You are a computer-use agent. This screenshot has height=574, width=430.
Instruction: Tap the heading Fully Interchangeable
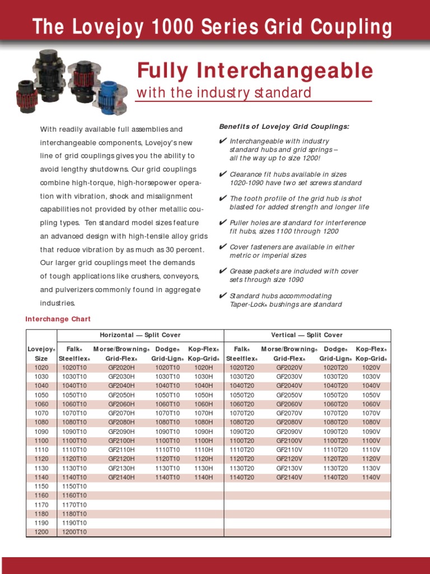click(255, 71)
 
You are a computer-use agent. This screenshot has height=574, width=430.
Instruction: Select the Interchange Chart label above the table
click(58, 319)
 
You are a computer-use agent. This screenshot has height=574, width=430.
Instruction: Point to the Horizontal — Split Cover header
click(140, 335)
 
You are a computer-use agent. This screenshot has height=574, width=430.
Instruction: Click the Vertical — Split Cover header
click(307, 335)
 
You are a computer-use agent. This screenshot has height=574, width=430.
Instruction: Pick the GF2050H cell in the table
click(121, 395)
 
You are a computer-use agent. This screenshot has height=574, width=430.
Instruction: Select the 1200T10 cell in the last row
click(74, 532)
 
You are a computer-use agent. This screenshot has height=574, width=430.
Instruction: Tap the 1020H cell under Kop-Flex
click(203, 368)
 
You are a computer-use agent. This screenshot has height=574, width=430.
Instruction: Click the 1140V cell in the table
click(371, 478)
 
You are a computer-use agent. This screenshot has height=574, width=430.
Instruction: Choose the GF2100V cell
click(289, 441)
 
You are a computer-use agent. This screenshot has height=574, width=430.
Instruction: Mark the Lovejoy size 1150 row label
click(41, 487)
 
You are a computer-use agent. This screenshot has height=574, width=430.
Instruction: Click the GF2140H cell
click(121, 478)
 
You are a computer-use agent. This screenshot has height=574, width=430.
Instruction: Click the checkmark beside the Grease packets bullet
click(223, 271)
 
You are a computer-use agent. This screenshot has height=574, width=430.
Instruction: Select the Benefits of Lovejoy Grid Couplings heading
click(283, 127)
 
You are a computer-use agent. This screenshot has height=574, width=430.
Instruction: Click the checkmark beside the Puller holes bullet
click(223, 223)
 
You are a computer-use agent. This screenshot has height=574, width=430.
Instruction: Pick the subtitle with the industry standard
click(224, 92)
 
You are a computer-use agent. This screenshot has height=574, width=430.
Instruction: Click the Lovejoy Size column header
click(41, 354)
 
